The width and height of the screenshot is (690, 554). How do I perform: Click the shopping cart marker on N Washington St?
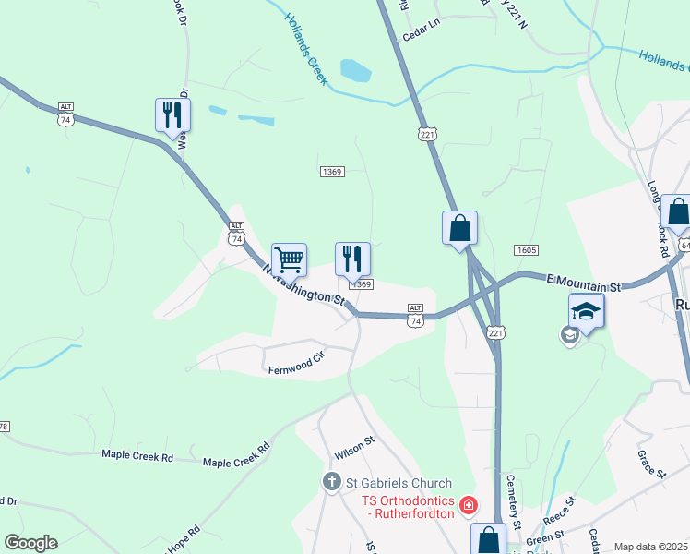click(x=289, y=261)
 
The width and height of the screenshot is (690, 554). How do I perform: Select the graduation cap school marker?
click(x=586, y=312)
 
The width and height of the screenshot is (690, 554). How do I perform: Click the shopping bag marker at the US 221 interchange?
click(x=460, y=228)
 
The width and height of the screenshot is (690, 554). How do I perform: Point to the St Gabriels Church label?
click(x=399, y=483)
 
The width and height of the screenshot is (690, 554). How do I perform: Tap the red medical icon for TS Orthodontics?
click(x=470, y=505)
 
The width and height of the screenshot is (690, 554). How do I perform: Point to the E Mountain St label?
click(x=585, y=283)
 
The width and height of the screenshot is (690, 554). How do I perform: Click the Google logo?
click(x=30, y=543)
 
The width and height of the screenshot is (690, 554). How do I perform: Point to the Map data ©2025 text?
click(x=649, y=547)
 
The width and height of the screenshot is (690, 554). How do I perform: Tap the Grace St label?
click(x=651, y=464)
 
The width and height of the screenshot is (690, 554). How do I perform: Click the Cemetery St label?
click(x=515, y=500)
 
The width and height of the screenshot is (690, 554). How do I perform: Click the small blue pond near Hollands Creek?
click(x=355, y=69)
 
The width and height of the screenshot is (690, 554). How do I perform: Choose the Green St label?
click(x=545, y=537)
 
